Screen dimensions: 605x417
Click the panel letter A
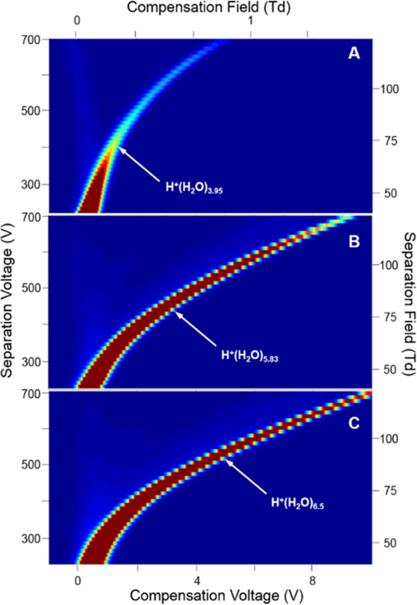(x=354, y=55)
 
